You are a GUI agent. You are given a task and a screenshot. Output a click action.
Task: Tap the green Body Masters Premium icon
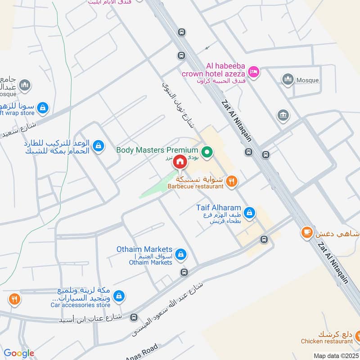tap(207, 153)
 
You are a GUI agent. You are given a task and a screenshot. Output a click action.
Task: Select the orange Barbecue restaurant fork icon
tap(232, 181)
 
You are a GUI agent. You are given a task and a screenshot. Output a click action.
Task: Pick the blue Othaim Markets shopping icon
tap(180, 255)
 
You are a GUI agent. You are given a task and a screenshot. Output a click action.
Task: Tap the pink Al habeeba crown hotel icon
tap(254, 72)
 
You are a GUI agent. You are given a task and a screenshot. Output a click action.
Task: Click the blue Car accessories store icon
tap(119, 296)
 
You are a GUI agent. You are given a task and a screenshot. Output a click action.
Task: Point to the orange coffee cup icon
tap(306, 232)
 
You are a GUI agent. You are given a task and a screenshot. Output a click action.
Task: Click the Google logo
tap(19, 353)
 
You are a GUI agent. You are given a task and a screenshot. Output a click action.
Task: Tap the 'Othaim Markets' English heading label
tap(145, 249)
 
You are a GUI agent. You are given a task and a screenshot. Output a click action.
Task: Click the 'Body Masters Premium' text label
tap(157, 150)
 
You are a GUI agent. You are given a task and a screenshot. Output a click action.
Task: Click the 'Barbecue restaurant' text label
tap(196, 186)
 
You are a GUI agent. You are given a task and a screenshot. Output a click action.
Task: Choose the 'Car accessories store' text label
tap(81, 305)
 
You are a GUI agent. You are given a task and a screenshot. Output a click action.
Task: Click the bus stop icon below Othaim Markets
tap(184, 272)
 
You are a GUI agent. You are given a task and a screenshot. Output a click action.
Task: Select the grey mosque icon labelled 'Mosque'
tap(288, 80)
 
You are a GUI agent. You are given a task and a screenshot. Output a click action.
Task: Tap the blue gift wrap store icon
tap(42, 107)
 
